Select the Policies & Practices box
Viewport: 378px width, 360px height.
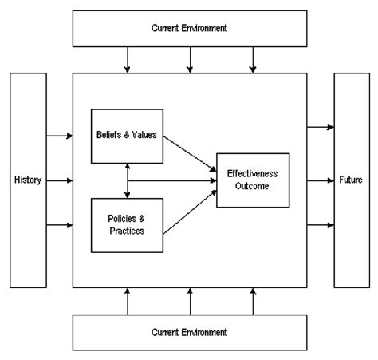127,225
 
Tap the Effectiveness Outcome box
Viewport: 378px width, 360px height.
253,180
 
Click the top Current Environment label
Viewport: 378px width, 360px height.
189,29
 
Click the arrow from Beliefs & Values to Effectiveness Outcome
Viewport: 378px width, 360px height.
190,153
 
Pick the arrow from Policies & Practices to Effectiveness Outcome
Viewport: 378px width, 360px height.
190,209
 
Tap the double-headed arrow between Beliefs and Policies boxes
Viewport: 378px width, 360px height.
127,180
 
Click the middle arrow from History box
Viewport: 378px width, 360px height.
60,180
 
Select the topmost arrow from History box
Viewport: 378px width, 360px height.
60,136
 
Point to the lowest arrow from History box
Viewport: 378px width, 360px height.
60,225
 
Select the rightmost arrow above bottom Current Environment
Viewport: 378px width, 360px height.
253,302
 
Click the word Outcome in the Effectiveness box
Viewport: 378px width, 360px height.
253,186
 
